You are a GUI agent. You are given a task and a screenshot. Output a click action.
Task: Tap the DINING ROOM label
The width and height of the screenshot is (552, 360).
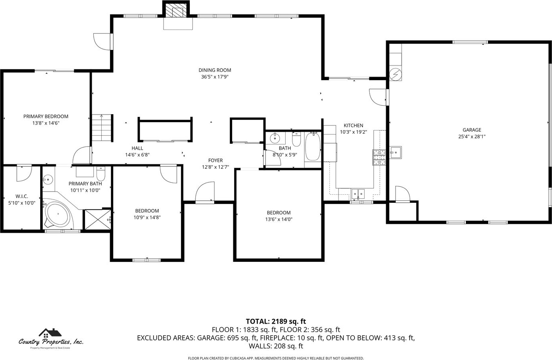click(215, 70)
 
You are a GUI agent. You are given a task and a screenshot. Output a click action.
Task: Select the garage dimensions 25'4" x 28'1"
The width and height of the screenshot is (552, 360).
click(472, 136)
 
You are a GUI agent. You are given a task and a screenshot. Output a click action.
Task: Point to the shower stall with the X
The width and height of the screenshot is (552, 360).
click(98, 220)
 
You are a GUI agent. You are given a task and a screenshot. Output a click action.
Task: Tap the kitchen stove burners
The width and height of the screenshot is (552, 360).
click(379, 157)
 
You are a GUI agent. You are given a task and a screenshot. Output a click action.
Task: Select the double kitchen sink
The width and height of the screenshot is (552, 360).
click(358, 194)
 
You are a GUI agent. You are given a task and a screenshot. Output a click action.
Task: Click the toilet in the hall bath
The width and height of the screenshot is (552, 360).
click(296, 139)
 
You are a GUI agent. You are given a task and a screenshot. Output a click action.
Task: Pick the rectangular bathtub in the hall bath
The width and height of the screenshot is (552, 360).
click(313, 147)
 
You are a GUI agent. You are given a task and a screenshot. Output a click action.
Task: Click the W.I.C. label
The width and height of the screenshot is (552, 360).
click(22, 196)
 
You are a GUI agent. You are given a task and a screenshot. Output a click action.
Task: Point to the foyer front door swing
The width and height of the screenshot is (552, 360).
click(205, 192)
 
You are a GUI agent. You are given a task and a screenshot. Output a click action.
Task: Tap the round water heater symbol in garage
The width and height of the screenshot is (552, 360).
click(396, 74)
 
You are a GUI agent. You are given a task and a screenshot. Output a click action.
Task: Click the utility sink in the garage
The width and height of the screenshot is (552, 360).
click(396, 152)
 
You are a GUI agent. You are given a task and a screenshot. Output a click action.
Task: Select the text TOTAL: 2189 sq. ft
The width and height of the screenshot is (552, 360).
click(276, 321)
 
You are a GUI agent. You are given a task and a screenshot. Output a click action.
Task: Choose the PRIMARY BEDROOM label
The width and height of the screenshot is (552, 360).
click(46, 117)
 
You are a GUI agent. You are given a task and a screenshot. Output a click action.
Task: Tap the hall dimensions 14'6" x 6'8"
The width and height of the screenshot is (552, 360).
click(137, 155)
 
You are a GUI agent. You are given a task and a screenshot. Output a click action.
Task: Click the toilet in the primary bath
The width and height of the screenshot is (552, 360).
click(101, 174)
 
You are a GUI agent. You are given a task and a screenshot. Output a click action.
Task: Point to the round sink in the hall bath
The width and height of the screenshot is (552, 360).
click(274, 138)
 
